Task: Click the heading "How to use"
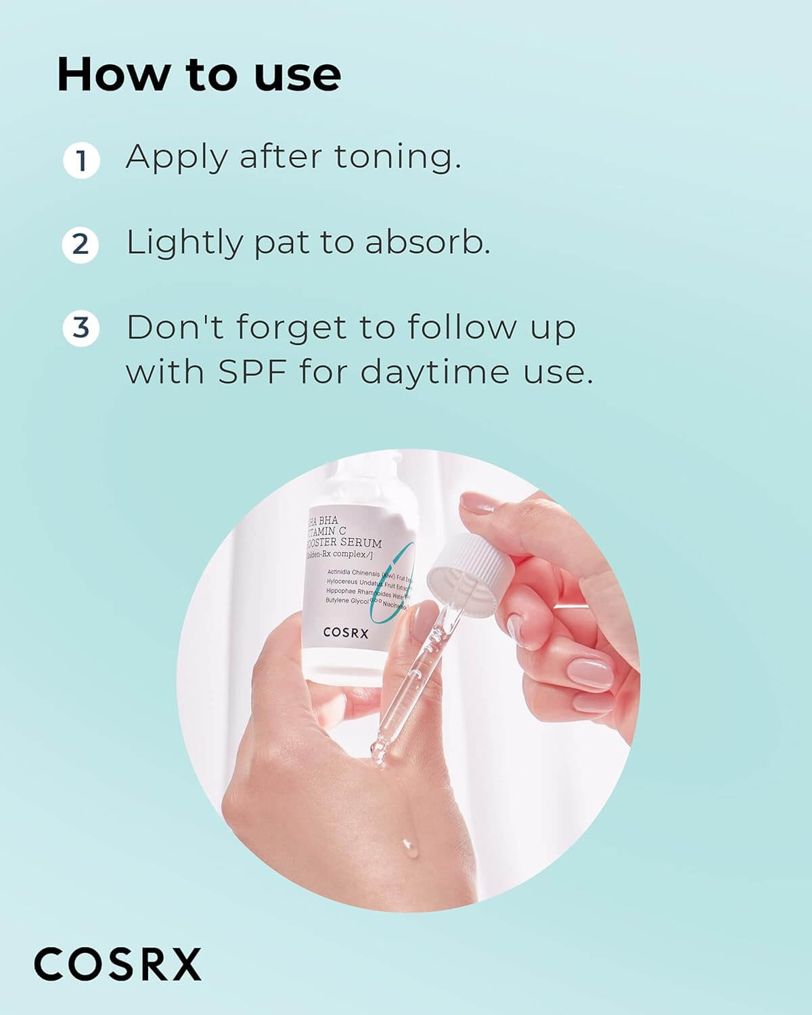(x=199, y=74)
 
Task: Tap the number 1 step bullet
(x=81, y=161)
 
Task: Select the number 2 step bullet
(x=81, y=244)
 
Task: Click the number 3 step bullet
(x=81, y=328)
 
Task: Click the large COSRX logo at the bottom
(x=118, y=964)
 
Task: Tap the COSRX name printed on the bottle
(x=346, y=633)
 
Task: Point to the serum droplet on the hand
(x=407, y=844)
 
